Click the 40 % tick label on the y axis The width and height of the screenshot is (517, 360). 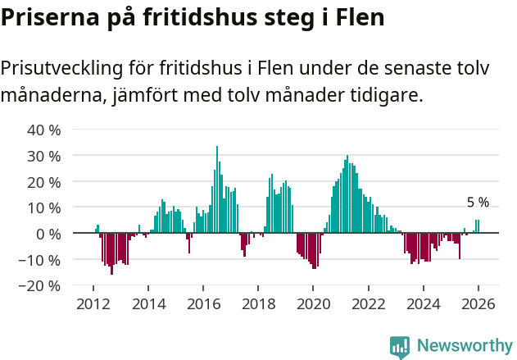click(x=44, y=130)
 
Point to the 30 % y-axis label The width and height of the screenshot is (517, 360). click(x=44, y=156)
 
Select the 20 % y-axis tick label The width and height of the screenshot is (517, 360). click(x=44, y=181)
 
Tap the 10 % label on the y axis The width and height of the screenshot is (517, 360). click(x=44, y=207)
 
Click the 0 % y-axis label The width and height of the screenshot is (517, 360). click(x=48, y=234)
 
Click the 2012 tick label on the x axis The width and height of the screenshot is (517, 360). click(x=93, y=304)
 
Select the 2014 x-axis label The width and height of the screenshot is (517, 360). click(x=148, y=304)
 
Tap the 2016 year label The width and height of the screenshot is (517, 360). click(x=203, y=304)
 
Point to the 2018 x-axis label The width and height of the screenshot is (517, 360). click(x=258, y=304)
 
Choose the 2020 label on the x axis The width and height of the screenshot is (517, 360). click(x=313, y=304)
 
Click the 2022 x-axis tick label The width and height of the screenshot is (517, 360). click(x=368, y=304)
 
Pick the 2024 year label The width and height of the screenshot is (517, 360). click(x=424, y=304)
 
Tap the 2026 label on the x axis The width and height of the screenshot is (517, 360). click(x=478, y=304)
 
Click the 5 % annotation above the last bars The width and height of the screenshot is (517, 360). click(x=478, y=203)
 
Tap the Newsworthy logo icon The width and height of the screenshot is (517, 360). click(x=400, y=347)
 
